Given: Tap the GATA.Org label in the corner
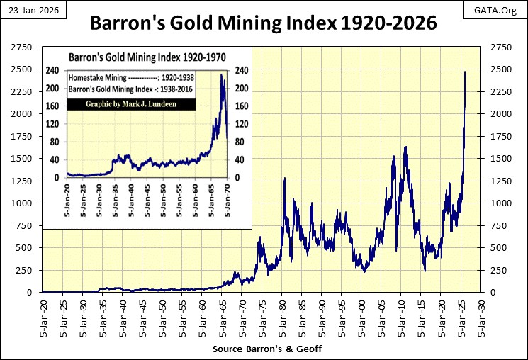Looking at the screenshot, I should tap(500, 11).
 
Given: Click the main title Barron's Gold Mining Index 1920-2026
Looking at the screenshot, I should tap(263, 24).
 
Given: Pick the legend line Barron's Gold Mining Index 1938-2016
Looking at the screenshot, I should tap(130, 90).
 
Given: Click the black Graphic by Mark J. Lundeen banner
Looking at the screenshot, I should tap(130, 104).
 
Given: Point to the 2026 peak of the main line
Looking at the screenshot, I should tap(465, 72).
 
